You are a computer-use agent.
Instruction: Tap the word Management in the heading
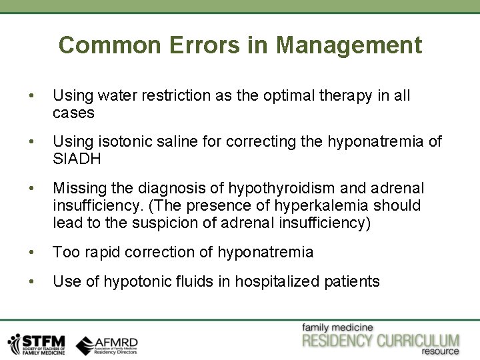349,45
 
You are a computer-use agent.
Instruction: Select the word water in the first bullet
107,96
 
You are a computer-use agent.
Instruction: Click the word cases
73,113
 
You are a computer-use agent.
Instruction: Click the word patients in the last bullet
351,281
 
